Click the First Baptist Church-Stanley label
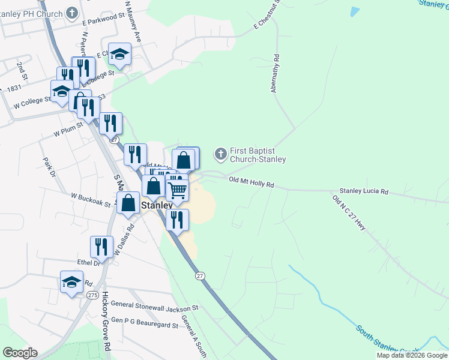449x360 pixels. pos(258,155)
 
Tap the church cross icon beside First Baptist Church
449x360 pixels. pos(221,155)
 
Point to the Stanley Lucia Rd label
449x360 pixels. pos(364,192)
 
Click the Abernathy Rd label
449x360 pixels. pos(276,74)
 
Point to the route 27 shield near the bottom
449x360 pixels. pos(200,275)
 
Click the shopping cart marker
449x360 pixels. pos(177,190)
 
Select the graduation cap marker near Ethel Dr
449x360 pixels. pos(71,282)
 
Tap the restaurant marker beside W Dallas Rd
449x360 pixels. pos(101,247)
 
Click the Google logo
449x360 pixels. pos(20,353)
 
